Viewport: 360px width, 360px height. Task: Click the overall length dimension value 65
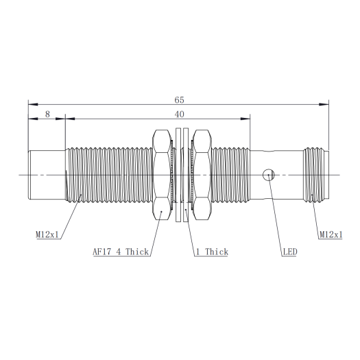point(179,100)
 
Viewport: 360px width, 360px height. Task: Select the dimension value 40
point(179,114)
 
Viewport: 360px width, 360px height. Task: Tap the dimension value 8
point(47,114)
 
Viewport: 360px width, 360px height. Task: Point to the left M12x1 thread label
point(47,235)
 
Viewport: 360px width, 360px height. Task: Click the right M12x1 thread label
point(331,235)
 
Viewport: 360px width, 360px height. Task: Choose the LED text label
point(290,252)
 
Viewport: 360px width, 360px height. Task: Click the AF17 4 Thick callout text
point(121,252)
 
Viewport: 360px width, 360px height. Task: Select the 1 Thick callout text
point(212,252)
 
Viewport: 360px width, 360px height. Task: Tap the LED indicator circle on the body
point(268,175)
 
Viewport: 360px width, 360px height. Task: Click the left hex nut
point(162,175)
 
